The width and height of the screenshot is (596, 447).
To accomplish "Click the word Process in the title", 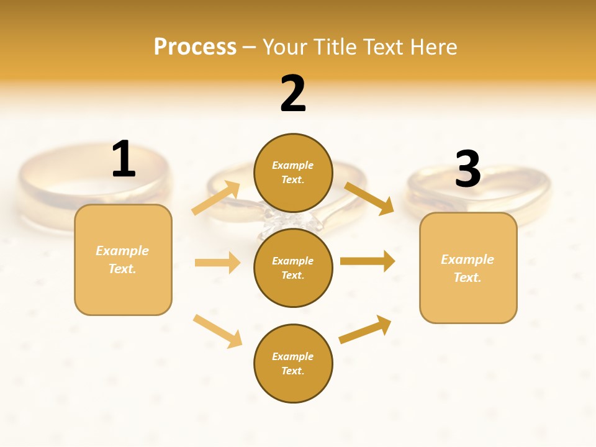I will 195,47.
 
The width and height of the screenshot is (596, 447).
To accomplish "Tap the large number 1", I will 124,159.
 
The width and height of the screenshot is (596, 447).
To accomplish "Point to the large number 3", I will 467,169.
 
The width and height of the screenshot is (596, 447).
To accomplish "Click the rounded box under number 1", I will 123,260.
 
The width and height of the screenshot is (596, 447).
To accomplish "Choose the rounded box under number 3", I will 468,268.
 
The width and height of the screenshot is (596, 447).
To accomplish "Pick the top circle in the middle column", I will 293,173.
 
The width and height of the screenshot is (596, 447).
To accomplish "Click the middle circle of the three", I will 293,268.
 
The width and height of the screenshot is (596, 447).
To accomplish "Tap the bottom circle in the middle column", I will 293,363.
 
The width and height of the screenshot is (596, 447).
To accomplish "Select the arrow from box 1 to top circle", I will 216,198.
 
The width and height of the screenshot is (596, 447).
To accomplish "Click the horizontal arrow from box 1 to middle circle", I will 217,263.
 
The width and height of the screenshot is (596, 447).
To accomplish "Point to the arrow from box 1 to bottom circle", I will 217,331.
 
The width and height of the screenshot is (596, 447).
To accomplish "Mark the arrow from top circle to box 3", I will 369,198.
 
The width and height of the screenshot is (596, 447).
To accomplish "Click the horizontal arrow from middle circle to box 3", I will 367,261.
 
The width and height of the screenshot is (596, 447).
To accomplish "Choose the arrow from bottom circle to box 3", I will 365,330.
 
